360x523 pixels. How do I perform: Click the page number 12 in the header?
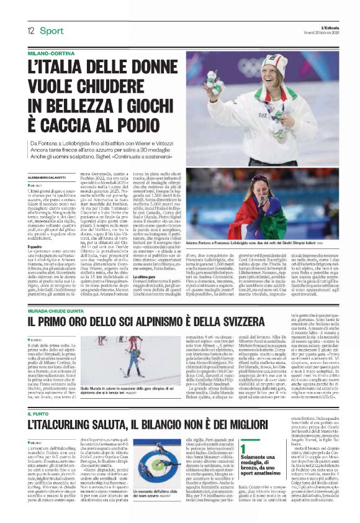[x=30, y=30]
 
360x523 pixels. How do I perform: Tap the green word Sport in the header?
[x=52, y=30]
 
